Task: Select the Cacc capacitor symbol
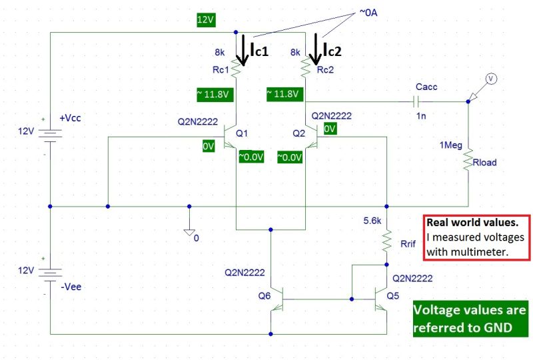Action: pos(416,102)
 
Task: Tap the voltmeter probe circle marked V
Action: pos(490,79)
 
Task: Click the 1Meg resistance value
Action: pos(451,145)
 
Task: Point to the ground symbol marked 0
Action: pos(189,233)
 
